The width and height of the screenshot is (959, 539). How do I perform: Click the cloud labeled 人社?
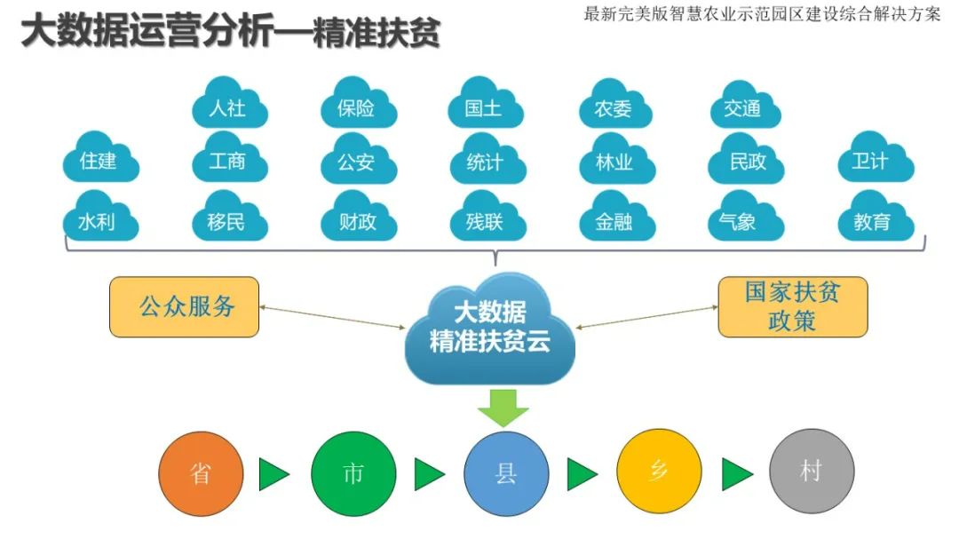coord(228,107)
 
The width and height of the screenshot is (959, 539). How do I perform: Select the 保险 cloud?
coord(357,107)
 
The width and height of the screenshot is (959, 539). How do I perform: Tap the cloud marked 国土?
coord(485,107)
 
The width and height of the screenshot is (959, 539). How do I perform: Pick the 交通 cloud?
coord(743,107)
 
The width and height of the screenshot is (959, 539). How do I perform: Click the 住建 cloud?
coord(99,162)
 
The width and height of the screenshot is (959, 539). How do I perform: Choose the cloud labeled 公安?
coord(357,162)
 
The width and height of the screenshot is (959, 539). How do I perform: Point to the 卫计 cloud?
coord(872,162)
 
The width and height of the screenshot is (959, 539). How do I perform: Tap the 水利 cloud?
coord(99,220)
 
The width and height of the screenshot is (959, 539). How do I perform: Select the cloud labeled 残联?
coord(485,220)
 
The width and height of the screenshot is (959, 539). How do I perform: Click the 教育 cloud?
coord(872,220)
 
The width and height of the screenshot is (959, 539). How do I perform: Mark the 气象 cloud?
coord(743,220)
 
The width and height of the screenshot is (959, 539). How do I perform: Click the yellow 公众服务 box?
coord(185,307)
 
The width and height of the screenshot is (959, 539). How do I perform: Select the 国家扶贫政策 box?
coord(792,307)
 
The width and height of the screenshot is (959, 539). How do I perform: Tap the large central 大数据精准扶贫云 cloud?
coord(489,327)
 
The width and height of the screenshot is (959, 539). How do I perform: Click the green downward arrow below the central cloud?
coord(503,407)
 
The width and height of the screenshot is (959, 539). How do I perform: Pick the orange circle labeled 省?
coord(201,473)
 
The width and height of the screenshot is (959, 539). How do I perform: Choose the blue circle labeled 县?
coord(506,473)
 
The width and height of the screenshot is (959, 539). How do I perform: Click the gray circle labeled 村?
coord(811,472)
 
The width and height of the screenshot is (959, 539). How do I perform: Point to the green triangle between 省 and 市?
coord(273,473)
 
